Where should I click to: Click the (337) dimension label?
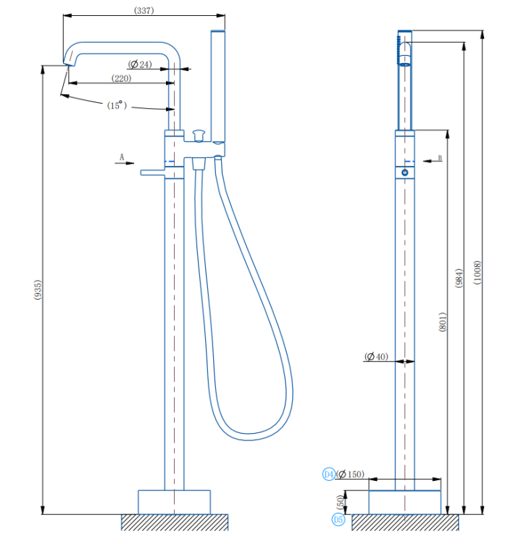[143, 10]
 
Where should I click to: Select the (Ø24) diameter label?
[140, 64]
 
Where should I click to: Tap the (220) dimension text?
[121, 78]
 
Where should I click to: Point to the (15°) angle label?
[117, 105]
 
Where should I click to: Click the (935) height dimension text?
[38, 289]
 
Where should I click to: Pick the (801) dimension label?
[443, 322]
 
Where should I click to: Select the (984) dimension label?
[459, 278]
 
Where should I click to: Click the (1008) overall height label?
[477, 272]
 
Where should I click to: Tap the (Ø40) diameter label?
[376, 356]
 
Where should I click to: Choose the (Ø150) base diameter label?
[350, 474]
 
